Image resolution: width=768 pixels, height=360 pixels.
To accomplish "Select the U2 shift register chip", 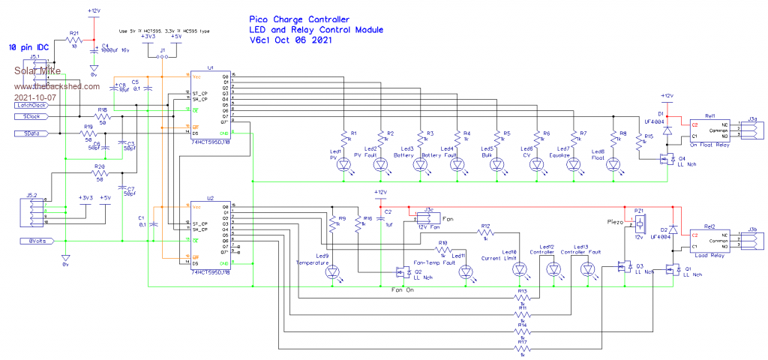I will click(209, 233).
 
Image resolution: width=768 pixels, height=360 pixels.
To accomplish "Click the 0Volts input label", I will click(34, 241).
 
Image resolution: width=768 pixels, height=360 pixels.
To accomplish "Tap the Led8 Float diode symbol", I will click(612, 167).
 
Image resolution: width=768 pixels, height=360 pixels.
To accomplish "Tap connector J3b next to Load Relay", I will click(752, 240).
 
